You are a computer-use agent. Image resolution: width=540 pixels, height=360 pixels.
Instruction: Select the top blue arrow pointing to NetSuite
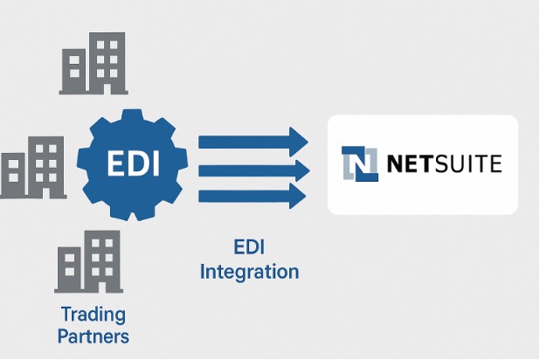(253, 141)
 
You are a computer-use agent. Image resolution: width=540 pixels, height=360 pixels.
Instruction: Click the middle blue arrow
(253, 168)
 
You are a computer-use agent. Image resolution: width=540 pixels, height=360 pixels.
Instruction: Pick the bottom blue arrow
(253, 194)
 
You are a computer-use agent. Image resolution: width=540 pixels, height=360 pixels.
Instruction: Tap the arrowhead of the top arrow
(300, 141)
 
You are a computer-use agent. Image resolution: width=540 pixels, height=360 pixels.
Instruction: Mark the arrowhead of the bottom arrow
(300, 194)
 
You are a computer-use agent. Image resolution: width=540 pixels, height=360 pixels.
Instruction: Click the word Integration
(249, 271)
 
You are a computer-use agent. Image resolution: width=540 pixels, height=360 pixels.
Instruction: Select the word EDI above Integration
(249, 246)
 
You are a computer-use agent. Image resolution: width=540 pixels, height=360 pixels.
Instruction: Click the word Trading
(93, 314)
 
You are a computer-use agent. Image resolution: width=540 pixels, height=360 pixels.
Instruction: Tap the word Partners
(93, 336)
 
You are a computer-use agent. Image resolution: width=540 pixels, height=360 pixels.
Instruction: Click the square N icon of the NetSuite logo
(361, 163)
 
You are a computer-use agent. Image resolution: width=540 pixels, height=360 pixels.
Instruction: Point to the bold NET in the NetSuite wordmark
(410, 163)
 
